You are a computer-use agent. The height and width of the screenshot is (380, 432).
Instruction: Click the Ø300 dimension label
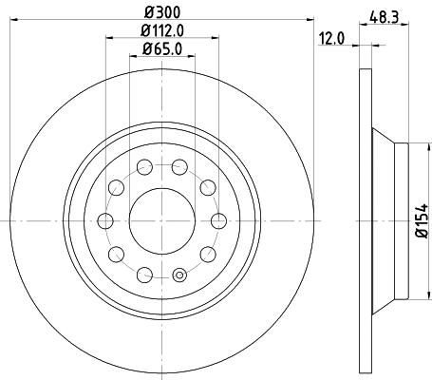click(x=160, y=12)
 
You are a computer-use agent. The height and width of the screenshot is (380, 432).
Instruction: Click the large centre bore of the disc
click(x=160, y=221)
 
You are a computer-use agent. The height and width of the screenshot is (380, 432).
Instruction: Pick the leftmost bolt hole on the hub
click(x=104, y=221)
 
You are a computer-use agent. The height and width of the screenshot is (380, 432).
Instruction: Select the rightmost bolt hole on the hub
click(x=218, y=221)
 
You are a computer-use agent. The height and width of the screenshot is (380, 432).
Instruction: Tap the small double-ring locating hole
click(x=178, y=278)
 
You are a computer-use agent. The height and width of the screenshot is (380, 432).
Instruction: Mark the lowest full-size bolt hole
click(x=144, y=275)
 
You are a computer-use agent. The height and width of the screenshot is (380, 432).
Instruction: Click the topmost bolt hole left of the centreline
click(x=144, y=168)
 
